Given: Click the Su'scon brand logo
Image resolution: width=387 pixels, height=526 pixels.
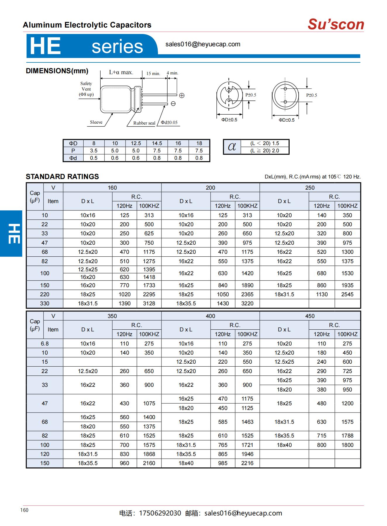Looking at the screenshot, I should pyautogui.click(x=336, y=24).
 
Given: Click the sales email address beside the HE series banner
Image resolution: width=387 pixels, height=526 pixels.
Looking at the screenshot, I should pyautogui.click(x=203, y=44).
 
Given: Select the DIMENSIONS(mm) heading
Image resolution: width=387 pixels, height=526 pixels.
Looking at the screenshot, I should pyautogui.click(x=57, y=71).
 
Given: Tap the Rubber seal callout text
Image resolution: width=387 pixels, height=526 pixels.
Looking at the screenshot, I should pyautogui.click(x=144, y=123).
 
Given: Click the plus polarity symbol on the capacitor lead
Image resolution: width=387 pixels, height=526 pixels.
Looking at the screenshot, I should pyautogui.click(x=182, y=95).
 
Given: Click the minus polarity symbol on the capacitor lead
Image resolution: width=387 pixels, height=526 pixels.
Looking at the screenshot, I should pyautogui.click(x=173, y=103).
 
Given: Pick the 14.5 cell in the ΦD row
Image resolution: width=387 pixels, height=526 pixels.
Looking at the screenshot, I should pyautogui.click(x=157, y=143).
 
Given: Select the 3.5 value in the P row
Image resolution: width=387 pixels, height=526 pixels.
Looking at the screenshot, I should pyautogui.click(x=94, y=151).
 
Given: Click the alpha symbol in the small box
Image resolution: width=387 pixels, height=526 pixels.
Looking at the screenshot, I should pyautogui.click(x=232, y=147).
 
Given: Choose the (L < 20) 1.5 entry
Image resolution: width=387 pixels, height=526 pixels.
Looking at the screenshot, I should pyautogui.click(x=264, y=143).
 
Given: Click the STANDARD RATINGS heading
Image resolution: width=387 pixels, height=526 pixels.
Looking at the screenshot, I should pyautogui.click(x=62, y=177).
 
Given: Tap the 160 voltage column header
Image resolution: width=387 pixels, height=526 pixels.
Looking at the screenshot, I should pyautogui.click(x=112, y=188).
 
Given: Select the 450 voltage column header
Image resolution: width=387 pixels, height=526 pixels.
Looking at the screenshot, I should pyautogui.click(x=310, y=316).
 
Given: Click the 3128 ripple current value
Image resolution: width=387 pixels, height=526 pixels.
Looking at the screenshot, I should pyautogui.click(x=149, y=304).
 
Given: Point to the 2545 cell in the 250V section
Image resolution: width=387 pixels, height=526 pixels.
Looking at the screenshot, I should pyautogui.click(x=347, y=295).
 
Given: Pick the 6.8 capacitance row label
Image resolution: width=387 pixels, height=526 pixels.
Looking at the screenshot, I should pyautogui.click(x=45, y=344).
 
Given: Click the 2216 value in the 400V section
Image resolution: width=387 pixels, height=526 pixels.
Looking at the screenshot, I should pyautogui.click(x=247, y=463).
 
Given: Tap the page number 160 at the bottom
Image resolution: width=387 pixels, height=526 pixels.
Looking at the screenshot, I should pyautogui.click(x=25, y=510).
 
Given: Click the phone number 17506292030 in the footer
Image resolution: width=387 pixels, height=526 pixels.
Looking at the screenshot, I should pyautogui.click(x=160, y=513).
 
